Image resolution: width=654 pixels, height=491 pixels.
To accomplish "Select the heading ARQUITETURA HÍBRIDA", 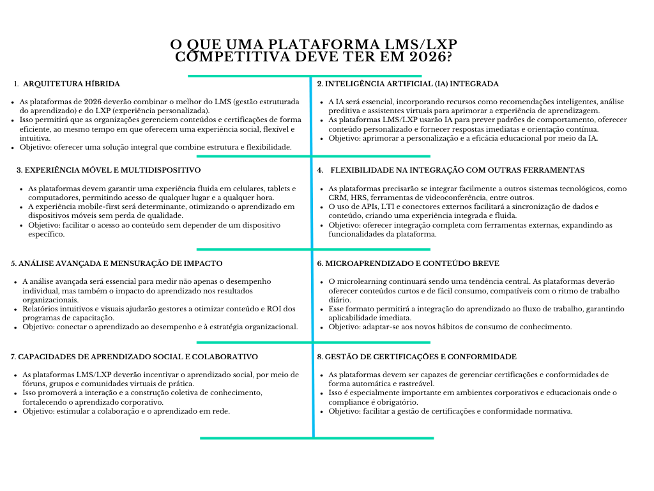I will [72, 84].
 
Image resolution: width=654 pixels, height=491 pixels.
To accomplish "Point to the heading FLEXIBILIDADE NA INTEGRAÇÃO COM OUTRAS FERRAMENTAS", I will [457, 170].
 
